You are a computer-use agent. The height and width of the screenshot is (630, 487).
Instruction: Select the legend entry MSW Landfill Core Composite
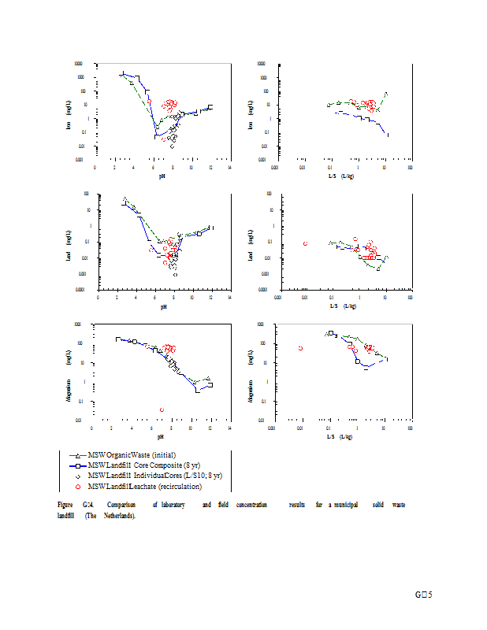pos(151,465)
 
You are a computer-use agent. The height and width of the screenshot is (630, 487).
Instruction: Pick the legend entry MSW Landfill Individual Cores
pos(154,476)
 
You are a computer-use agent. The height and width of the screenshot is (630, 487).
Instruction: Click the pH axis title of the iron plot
pos(162,176)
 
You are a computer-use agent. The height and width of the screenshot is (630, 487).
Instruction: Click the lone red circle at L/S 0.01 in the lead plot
pos(305,243)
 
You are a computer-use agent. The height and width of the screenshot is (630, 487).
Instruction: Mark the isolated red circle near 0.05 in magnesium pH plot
pos(162,409)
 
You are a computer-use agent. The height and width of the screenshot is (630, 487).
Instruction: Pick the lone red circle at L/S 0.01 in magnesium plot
pos(300,348)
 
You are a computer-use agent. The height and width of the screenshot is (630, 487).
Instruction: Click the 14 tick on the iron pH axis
pos(229,167)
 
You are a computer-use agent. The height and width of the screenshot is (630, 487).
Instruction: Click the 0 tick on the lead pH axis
pos(98,298)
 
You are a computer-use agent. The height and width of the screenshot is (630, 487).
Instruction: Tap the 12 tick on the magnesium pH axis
pos(210,428)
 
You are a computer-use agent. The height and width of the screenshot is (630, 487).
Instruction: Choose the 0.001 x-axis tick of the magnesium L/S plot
pos(272,428)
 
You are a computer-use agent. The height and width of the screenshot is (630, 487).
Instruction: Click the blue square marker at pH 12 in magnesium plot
pos(210,385)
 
